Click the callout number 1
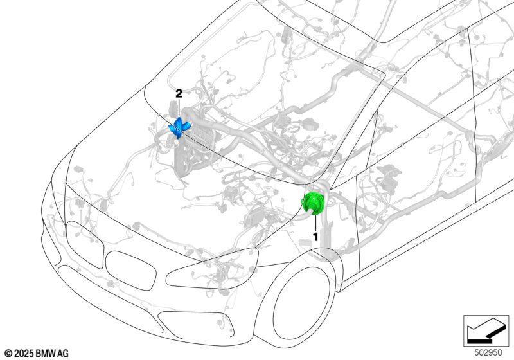point(315,237)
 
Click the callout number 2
point(179,94)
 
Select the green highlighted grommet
point(314,204)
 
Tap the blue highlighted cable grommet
point(180,127)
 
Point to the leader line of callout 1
point(315,222)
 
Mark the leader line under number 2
point(179,108)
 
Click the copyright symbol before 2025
point(9,354)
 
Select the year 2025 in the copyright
point(24,354)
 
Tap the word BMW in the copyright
point(46,354)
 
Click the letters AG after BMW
point(63,354)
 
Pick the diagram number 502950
point(488,353)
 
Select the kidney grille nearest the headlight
point(131,271)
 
